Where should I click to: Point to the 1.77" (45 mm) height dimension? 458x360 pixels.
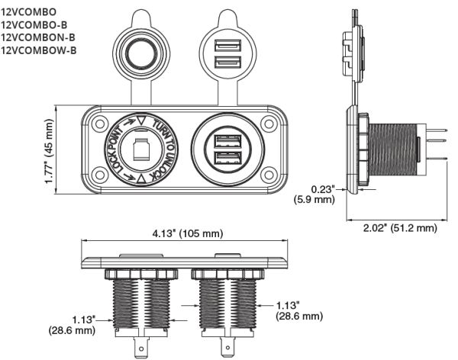point(51,152)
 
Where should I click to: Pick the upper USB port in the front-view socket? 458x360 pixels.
point(227,141)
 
